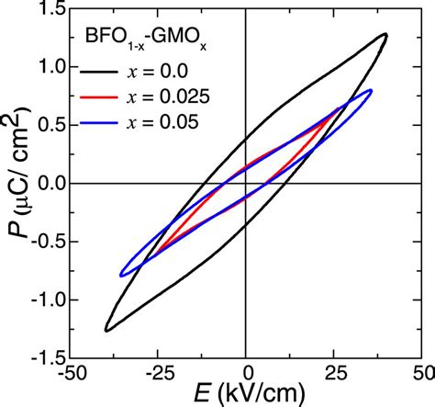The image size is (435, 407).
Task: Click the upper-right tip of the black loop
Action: [385, 35]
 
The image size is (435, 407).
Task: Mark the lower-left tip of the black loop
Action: [106, 330]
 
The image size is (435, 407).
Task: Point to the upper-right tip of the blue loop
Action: [370, 90]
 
